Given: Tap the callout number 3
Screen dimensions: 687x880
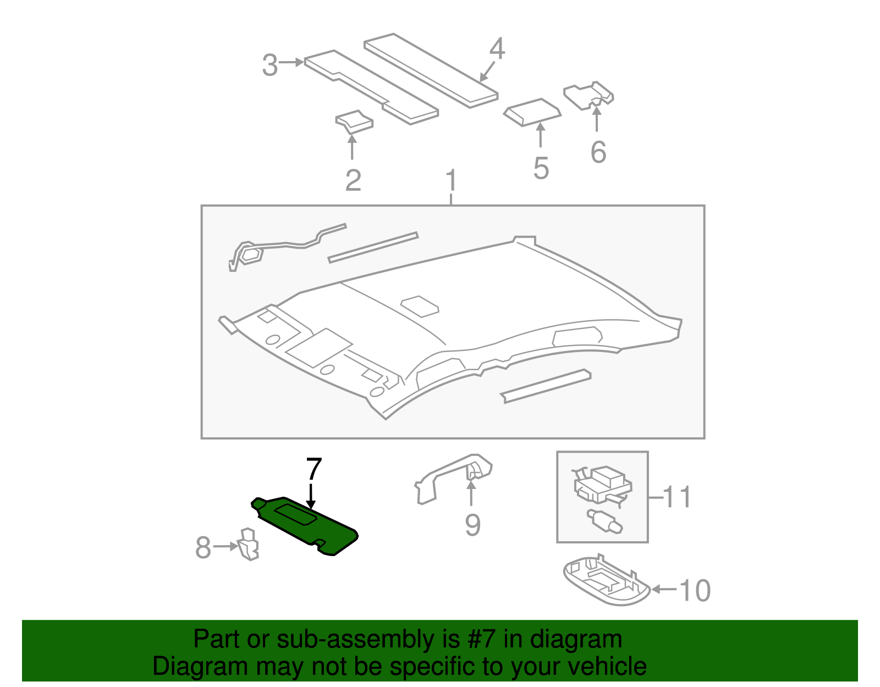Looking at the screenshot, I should [269, 65].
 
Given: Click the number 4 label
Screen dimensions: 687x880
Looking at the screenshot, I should [497, 49].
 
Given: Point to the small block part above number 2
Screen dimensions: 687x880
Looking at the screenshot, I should [354, 122].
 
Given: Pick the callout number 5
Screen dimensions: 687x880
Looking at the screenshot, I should [541, 168].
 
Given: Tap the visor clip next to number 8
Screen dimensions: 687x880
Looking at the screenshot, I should [249, 544].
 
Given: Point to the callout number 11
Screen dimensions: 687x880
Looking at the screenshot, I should [676, 497].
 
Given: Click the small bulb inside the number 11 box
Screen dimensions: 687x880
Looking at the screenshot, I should [604, 520].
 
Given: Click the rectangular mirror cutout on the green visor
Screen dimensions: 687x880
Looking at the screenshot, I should [295, 514].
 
